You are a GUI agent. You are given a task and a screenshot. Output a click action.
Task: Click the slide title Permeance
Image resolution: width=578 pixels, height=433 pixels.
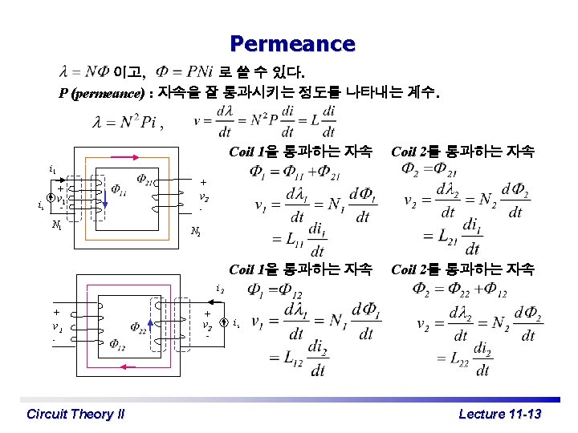[x=291, y=43]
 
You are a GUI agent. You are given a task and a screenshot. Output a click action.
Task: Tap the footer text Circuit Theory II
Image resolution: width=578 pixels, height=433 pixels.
[x=75, y=414]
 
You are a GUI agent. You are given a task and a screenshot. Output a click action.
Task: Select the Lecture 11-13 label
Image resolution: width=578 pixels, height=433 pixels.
[x=499, y=414]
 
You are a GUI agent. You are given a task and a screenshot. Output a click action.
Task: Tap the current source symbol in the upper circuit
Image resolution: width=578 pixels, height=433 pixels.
[x=50, y=198]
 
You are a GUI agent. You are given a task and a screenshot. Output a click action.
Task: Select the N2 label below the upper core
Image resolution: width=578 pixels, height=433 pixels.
[x=196, y=233]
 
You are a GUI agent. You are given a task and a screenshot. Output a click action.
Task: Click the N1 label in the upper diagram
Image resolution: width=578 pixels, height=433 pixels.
[x=55, y=226]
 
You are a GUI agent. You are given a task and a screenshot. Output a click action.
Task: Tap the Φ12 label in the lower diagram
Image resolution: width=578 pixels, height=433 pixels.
[x=118, y=346]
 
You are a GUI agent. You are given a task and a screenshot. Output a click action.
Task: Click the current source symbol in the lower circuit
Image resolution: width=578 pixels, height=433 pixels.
[x=224, y=324]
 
